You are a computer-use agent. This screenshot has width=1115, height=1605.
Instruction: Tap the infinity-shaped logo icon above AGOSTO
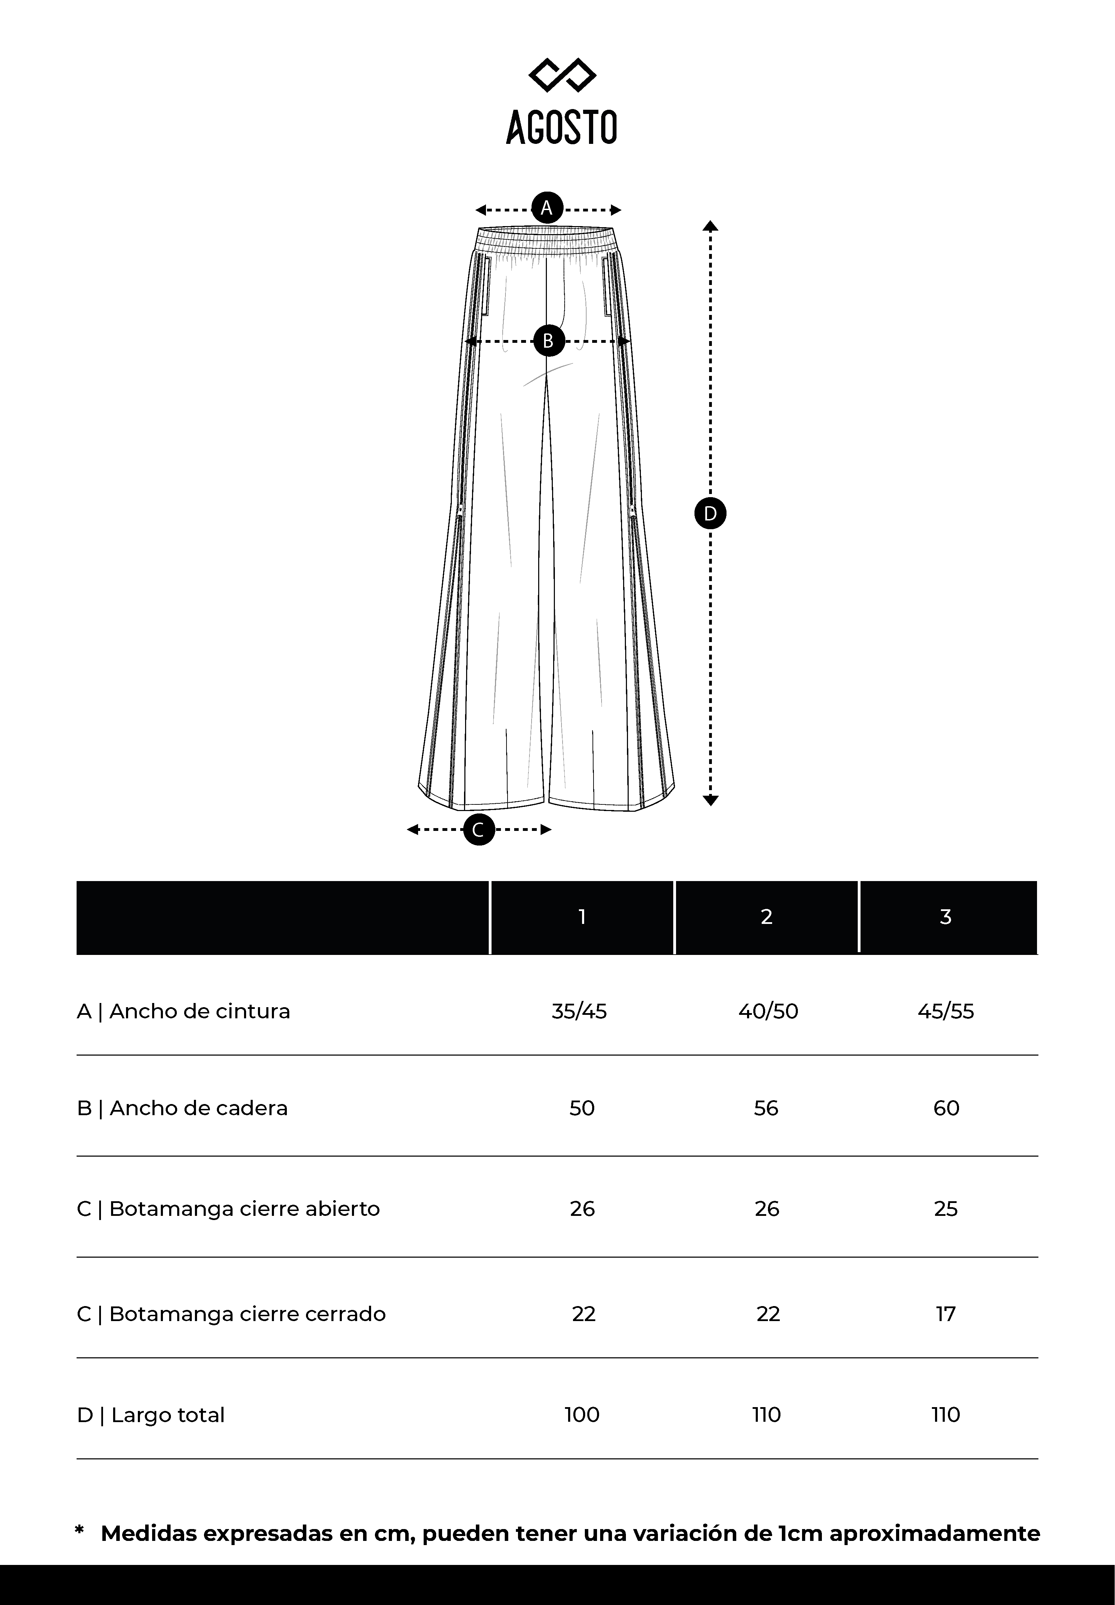563,75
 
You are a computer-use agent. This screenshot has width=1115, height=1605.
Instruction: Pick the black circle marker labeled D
710,514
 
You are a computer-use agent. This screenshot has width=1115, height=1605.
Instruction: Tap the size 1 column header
582,917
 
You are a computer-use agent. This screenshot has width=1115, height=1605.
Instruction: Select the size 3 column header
946,917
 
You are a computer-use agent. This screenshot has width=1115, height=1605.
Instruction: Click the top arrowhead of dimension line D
710,225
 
